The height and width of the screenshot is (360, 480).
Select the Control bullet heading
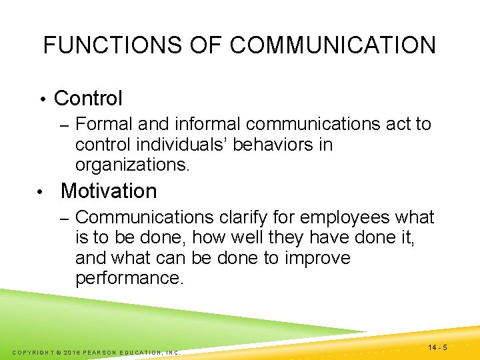click(x=88, y=99)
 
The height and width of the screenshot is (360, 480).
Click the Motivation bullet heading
click(x=109, y=191)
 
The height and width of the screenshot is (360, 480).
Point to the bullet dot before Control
click(x=41, y=100)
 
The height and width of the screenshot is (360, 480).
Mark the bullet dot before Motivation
click(x=41, y=193)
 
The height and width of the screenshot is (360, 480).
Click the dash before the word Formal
click(x=64, y=125)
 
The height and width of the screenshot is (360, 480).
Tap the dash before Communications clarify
click(x=64, y=218)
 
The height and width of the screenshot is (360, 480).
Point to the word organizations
click(x=133, y=164)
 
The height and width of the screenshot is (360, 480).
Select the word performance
click(x=129, y=277)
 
